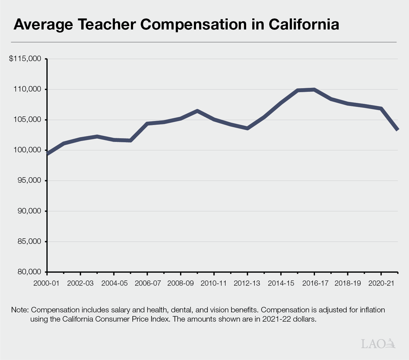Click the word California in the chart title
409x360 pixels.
[304, 24]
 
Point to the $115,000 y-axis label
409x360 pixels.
[25, 59]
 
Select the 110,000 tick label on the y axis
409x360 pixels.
[27, 89]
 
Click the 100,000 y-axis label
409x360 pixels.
[27, 150]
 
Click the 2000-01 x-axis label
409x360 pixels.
[46, 283]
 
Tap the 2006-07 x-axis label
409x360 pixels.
[147, 283]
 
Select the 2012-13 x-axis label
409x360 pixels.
[247, 283]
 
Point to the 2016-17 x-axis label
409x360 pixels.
[315, 283]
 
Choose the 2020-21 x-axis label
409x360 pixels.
[381, 283]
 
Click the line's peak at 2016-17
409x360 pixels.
[314, 90]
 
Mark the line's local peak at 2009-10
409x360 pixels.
[197, 111]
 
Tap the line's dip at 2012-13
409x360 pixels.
[247, 128]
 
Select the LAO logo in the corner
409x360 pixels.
[378, 344]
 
